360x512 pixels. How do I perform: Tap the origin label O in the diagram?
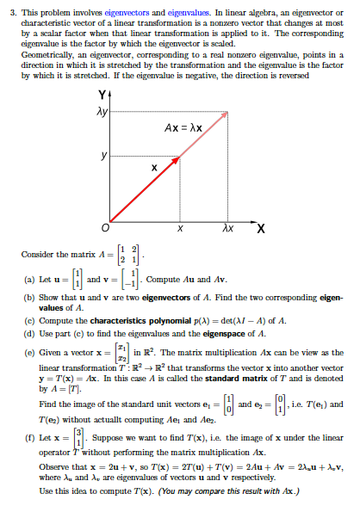[x=104, y=226]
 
